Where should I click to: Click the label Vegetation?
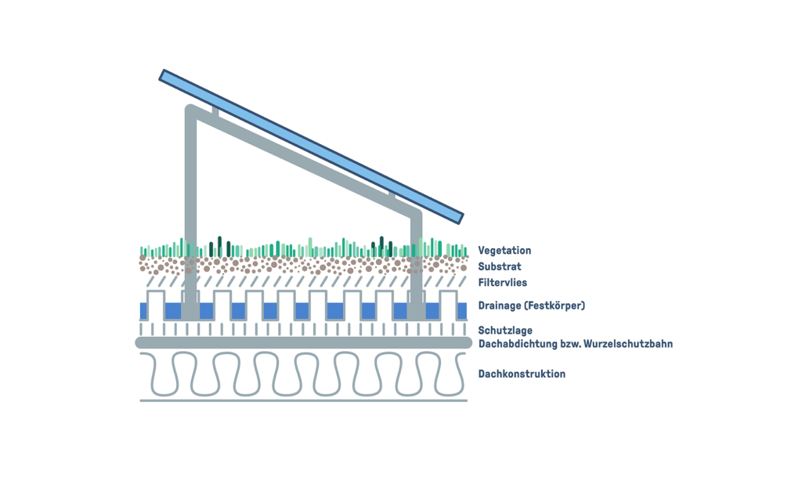(x=504, y=251)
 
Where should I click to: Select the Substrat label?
(x=500, y=267)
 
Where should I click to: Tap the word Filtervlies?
(x=503, y=283)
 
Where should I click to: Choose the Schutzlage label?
(x=505, y=331)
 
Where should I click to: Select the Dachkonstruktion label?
(x=522, y=374)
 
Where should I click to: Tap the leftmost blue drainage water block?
(x=143, y=311)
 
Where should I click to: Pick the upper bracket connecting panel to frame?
(x=215, y=111)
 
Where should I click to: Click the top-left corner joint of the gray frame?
(x=191, y=111)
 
